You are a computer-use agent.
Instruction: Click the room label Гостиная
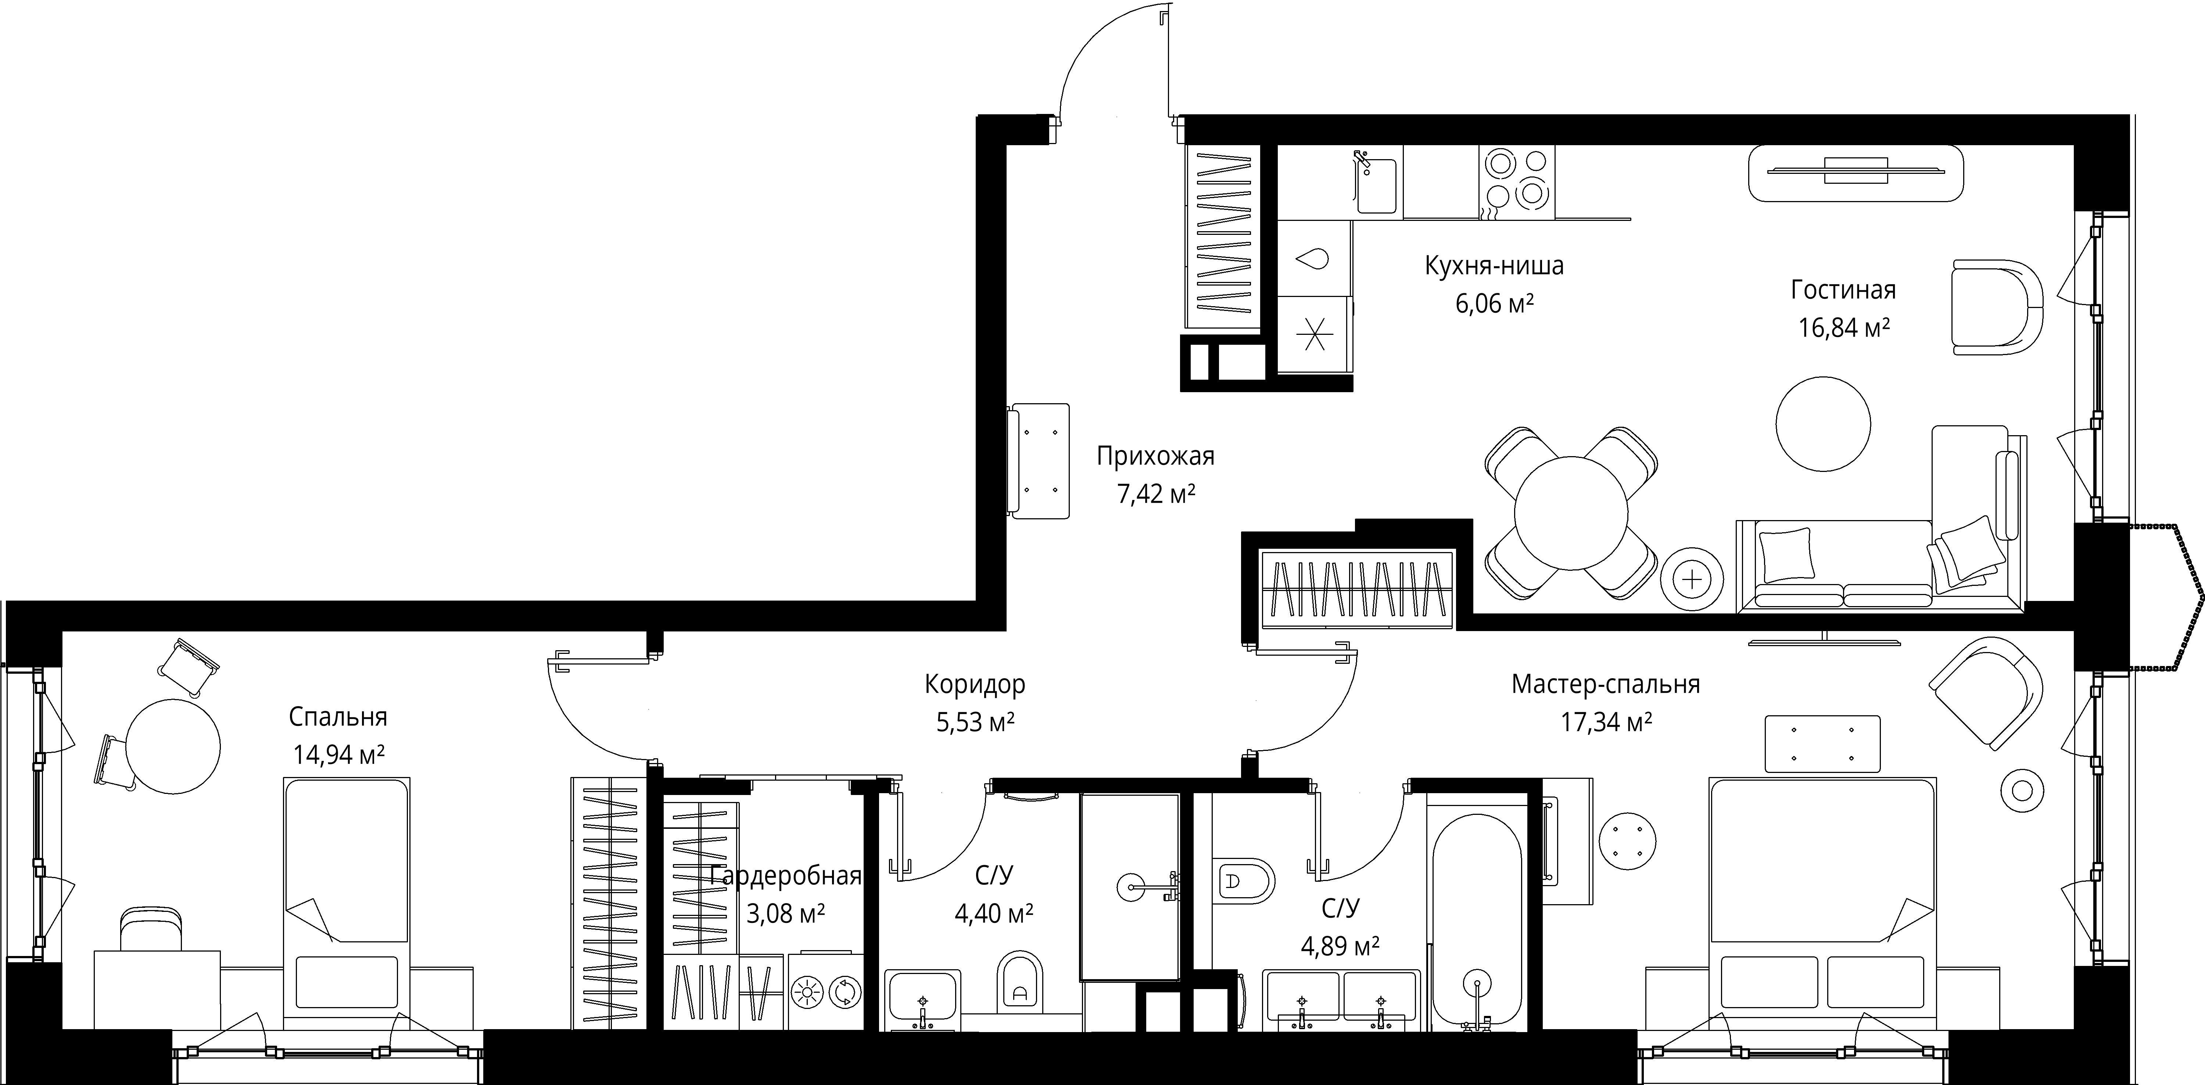pyautogui.click(x=1843, y=290)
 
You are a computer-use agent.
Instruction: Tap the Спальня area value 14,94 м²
pyautogui.click(x=339, y=755)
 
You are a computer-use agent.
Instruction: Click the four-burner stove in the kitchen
pyautogui.click(x=1516, y=182)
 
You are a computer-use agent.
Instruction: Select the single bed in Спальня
pyautogui.click(x=347, y=903)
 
